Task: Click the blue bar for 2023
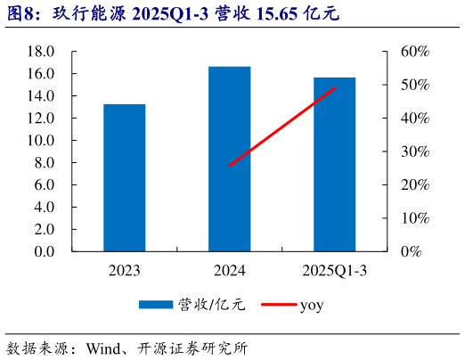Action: [x=124, y=177]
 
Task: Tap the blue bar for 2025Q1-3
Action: [x=334, y=164]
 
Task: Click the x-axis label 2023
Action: [x=124, y=270]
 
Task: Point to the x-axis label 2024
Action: [x=229, y=270]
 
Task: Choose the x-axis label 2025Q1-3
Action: [x=334, y=270]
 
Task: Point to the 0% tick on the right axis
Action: [x=410, y=251]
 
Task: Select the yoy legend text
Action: [x=311, y=306]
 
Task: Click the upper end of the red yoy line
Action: [x=335, y=87]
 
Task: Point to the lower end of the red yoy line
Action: [x=229, y=166]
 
